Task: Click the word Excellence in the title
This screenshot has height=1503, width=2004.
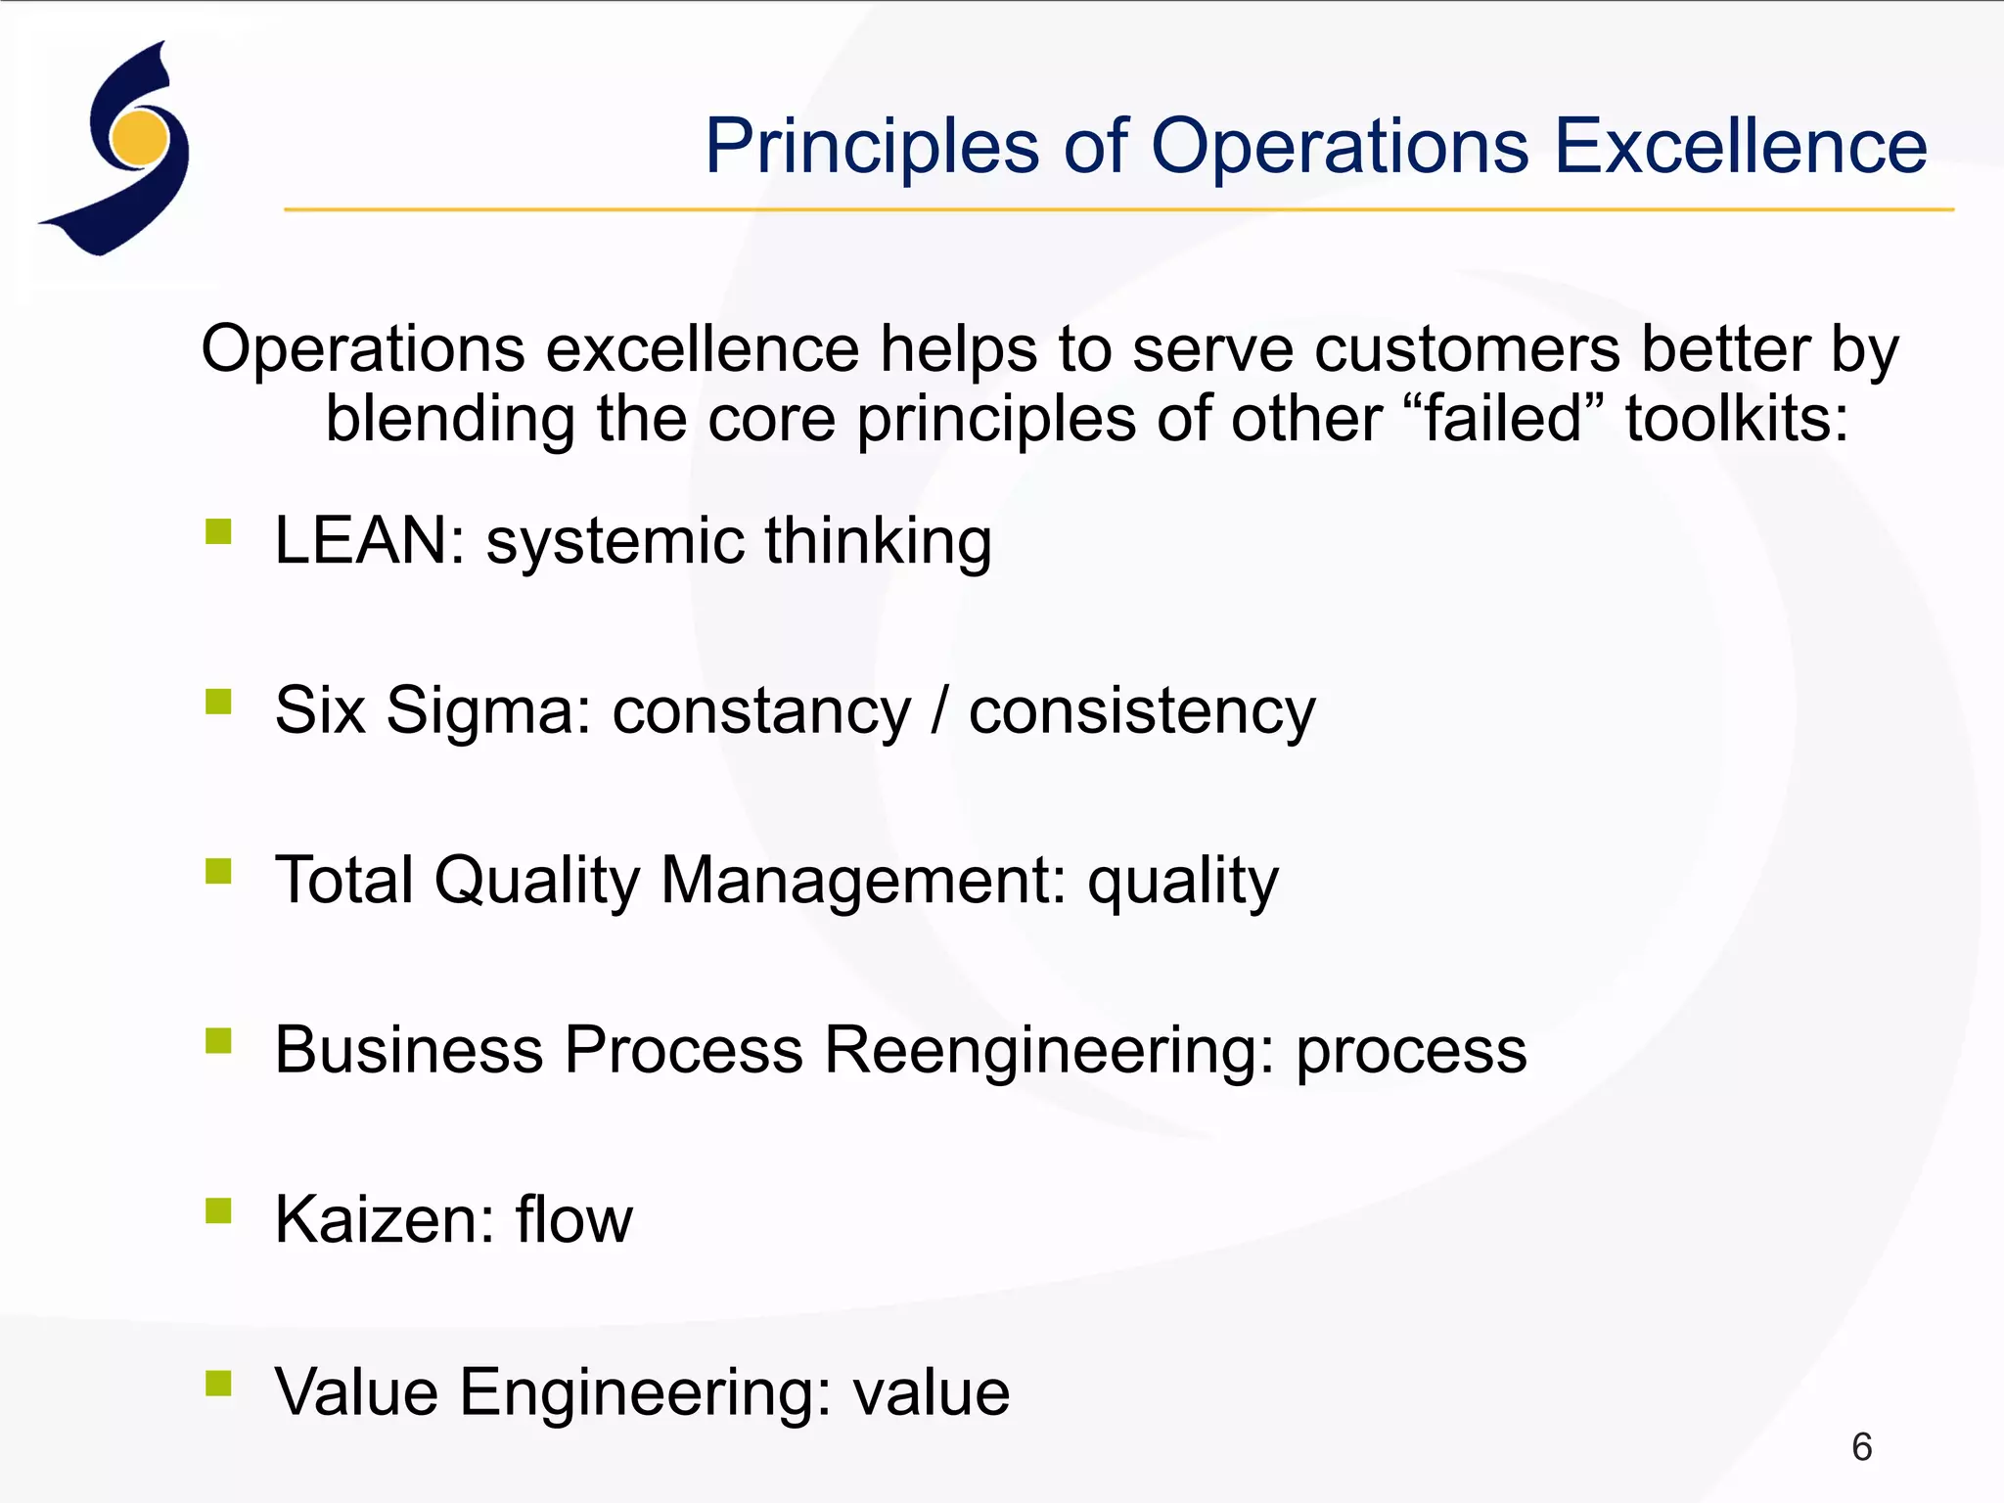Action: pos(1741,147)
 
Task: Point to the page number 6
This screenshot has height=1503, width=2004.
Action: pos(1861,1447)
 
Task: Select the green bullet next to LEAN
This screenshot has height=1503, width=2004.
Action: pos(218,531)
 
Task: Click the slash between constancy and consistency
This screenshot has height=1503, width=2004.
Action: pos(939,711)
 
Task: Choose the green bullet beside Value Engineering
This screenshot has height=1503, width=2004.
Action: pos(218,1383)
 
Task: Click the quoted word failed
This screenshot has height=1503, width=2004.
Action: pos(1503,419)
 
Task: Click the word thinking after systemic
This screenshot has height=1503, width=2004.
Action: pos(878,541)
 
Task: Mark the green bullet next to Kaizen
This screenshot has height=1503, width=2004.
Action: pos(218,1211)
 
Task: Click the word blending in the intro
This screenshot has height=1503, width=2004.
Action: pos(450,419)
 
